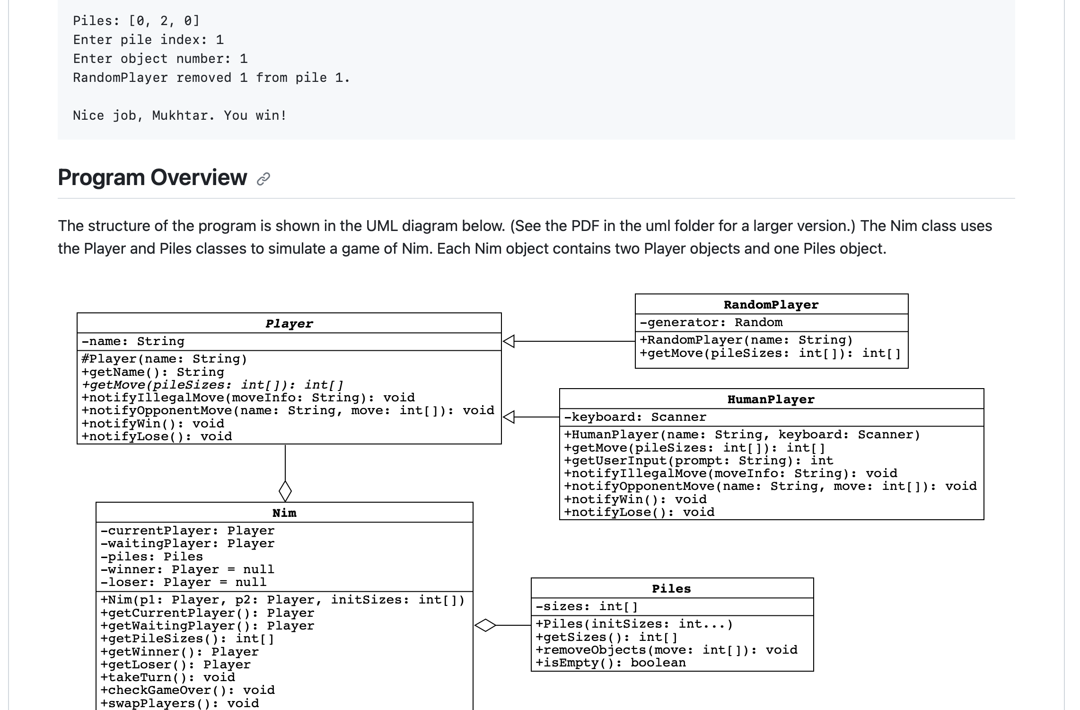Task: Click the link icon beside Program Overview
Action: (x=263, y=179)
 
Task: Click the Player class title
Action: (x=289, y=324)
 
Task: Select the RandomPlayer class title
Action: (x=771, y=305)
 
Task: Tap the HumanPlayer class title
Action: (x=771, y=399)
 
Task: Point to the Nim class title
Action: (x=284, y=513)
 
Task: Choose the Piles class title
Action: (x=671, y=589)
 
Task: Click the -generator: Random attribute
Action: (x=711, y=323)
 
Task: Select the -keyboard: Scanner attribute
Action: (x=635, y=417)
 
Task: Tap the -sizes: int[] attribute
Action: (x=587, y=607)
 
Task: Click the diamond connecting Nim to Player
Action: (x=285, y=491)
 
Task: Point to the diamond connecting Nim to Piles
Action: (x=485, y=625)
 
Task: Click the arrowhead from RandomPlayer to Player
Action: (x=509, y=341)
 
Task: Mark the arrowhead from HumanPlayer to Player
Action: (x=509, y=417)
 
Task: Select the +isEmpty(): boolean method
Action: (x=610, y=663)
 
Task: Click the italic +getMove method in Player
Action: (x=212, y=385)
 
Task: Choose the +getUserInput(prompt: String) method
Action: (x=699, y=461)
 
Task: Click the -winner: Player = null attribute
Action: (x=187, y=569)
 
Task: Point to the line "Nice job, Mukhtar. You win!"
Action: (x=180, y=115)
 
